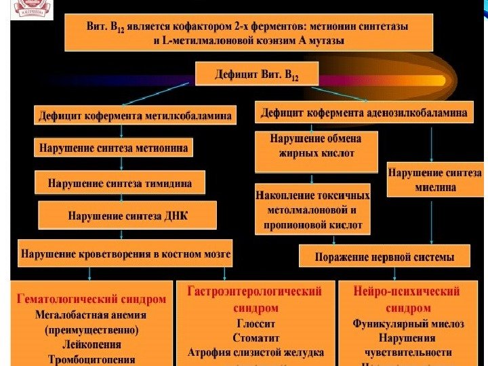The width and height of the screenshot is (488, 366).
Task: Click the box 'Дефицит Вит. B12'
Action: [x=257, y=74]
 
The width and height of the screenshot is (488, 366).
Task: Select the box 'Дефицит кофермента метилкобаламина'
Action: [x=136, y=116]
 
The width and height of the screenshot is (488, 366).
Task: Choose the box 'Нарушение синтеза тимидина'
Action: [x=119, y=182]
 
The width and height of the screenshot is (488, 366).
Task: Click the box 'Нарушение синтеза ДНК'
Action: [x=128, y=216]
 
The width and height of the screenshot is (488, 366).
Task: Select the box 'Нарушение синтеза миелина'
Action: [x=434, y=179]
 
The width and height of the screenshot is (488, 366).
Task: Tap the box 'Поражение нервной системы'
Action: [x=384, y=257]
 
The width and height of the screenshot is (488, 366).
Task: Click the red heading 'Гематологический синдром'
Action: [x=91, y=298]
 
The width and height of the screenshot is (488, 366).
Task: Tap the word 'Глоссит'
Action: [x=255, y=323]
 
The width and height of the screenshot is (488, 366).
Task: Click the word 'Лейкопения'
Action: [x=91, y=345]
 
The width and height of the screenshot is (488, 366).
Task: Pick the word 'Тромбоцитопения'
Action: [x=91, y=360]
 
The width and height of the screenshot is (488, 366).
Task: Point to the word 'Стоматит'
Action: [x=255, y=338]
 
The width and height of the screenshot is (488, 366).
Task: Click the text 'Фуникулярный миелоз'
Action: [x=407, y=323]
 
